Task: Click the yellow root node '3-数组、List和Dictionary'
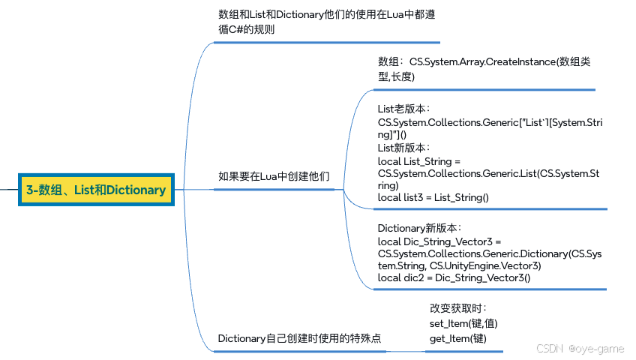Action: coord(96,190)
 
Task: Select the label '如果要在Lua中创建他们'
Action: coord(274,176)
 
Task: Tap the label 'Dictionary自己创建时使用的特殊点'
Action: coord(299,338)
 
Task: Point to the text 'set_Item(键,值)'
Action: coord(463,323)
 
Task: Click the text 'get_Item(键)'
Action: coord(458,338)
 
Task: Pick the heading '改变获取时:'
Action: coord(458,308)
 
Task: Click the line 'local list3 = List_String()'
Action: coord(433,197)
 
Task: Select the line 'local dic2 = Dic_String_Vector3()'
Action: coord(454,277)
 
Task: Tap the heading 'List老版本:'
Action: coord(403,109)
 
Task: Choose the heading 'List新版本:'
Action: coord(403,148)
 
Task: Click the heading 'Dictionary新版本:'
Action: coord(419,228)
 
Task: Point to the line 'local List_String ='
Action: coord(419,161)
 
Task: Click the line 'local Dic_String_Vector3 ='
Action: coord(439,241)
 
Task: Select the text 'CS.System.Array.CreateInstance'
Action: coord(482,61)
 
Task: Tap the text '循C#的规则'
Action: coord(246,29)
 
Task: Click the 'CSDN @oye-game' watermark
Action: coord(580,349)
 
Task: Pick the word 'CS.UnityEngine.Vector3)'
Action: coord(485,265)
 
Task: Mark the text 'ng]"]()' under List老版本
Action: coord(391,134)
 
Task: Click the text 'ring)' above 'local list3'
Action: coord(388,186)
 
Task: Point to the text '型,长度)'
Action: coord(396,76)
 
